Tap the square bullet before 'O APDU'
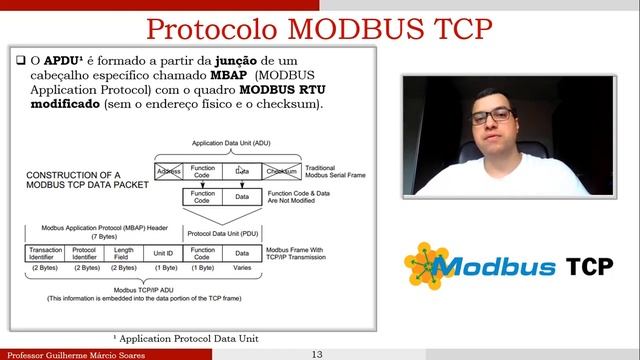tap(22, 60)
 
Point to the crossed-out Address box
tap(168, 172)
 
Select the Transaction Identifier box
tap(46, 252)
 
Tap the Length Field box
tap(124, 252)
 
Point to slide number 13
tap(317, 354)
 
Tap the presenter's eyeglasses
tap(491, 117)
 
